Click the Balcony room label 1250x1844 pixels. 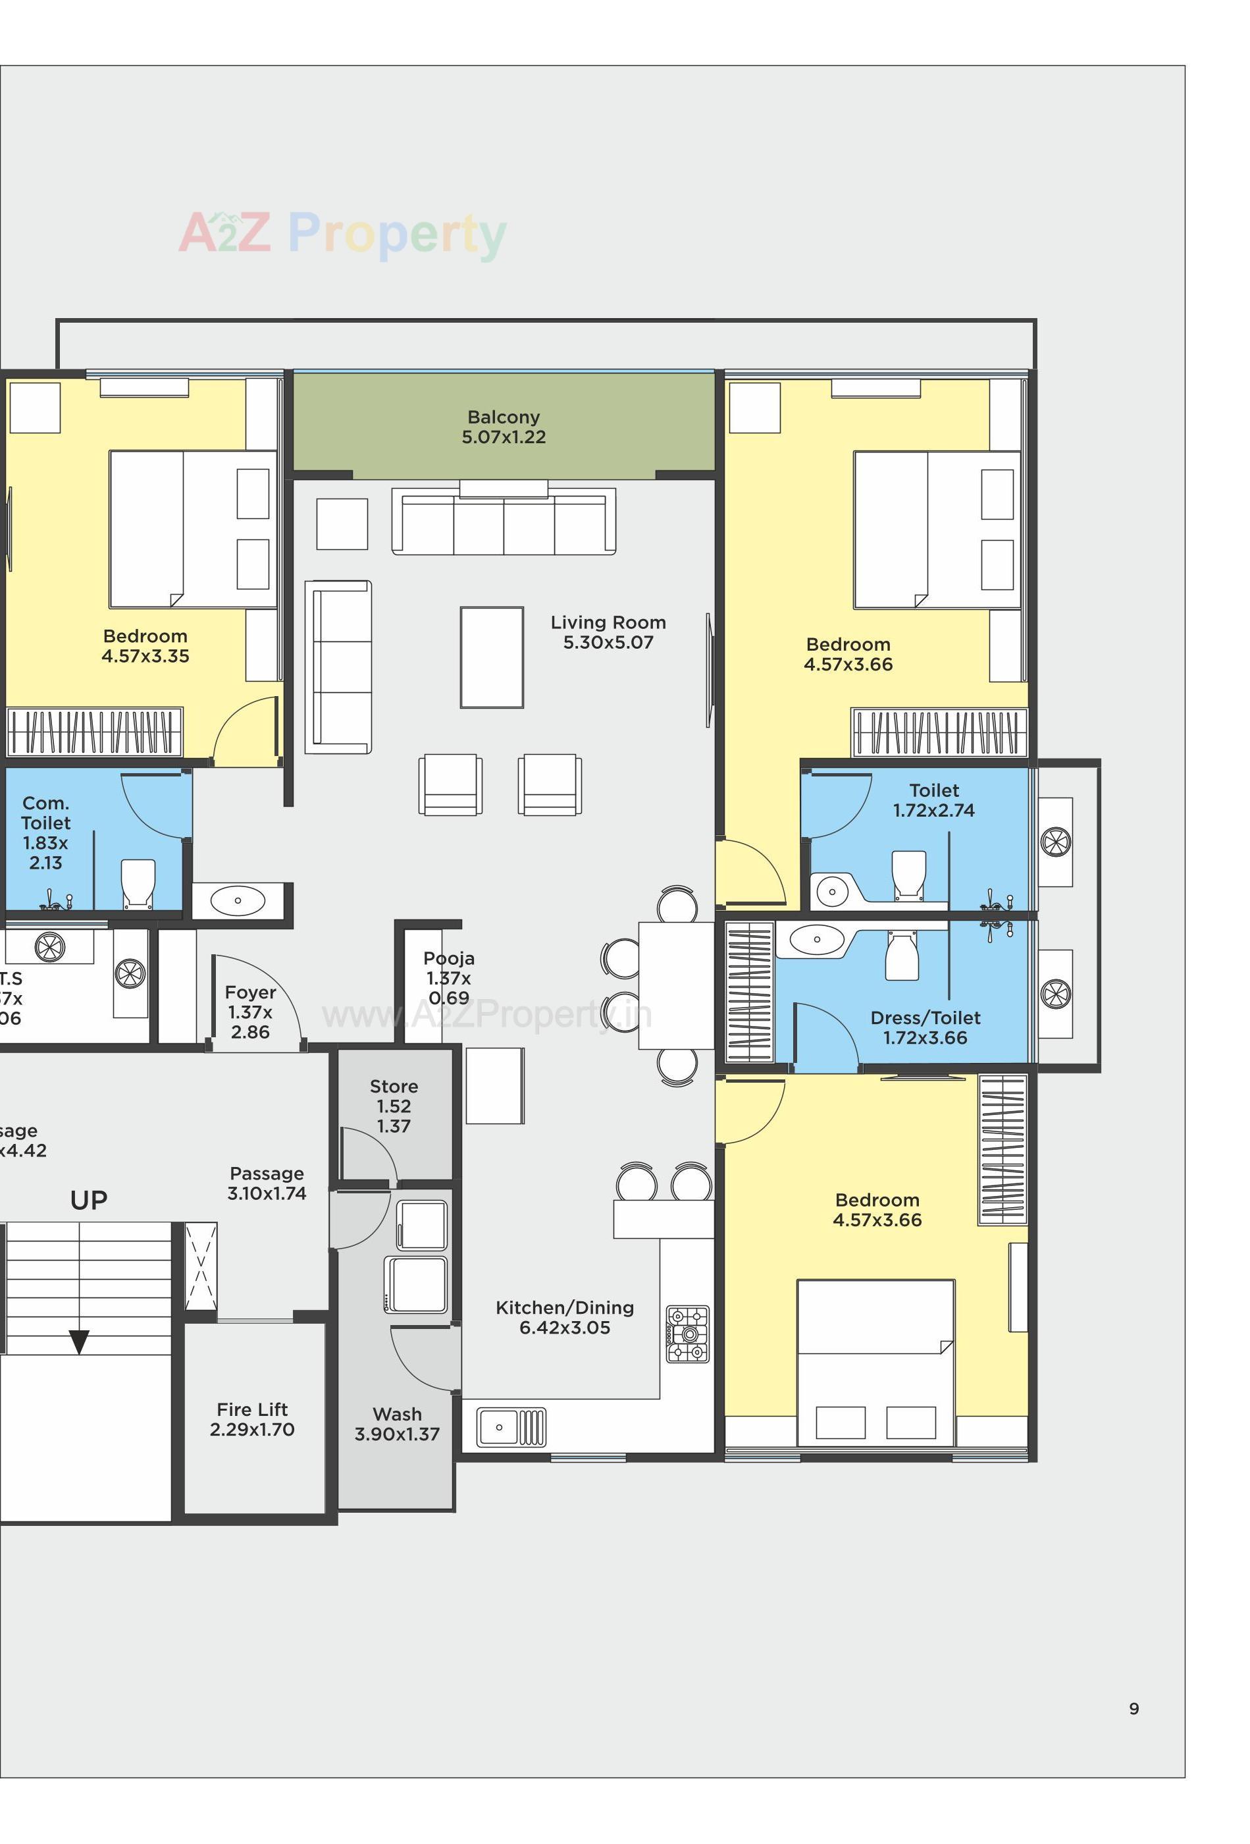pos(503,417)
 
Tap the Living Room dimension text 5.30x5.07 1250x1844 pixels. pos(608,643)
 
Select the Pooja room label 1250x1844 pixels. pos(448,958)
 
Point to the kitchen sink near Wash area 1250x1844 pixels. pos(511,1426)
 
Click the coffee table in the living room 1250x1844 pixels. pos(491,657)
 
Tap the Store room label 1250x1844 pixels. pos(394,1086)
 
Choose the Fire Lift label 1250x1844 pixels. pos(251,1409)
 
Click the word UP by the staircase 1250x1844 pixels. pos(88,1201)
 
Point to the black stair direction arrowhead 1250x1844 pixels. pos(78,1342)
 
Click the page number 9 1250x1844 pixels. pos(1133,1709)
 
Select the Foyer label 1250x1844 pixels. pos(250,992)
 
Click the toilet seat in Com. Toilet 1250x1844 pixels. pos(137,882)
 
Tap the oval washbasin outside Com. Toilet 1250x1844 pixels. pos(237,900)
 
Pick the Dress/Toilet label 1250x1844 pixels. pos(925,1018)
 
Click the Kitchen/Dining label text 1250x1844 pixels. pos(564,1308)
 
